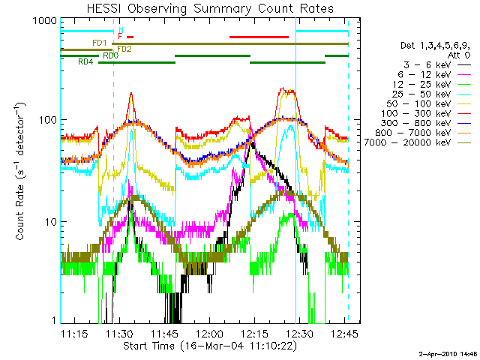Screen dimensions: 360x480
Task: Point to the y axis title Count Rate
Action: [21, 172]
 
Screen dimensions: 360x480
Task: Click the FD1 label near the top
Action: [98, 43]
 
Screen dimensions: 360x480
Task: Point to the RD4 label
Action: [85, 61]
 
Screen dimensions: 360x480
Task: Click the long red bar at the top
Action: [259, 36]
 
